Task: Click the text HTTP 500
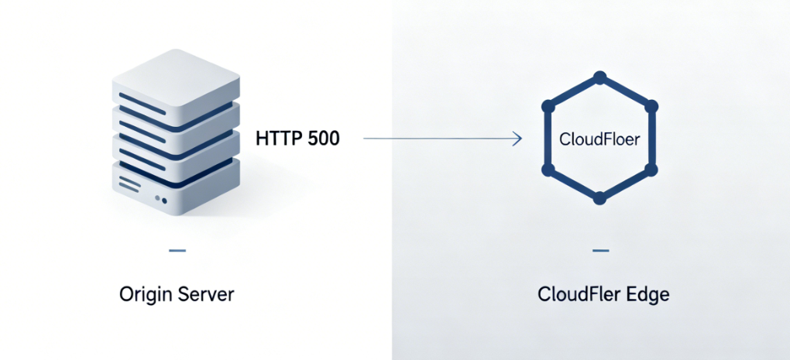click(297, 139)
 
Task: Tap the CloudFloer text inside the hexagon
click(599, 141)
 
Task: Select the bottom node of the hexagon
click(599, 199)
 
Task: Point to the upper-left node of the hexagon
click(545, 106)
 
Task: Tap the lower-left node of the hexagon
click(545, 169)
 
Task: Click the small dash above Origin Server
click(177, 251)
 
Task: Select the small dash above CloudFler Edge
click(599, 251)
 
